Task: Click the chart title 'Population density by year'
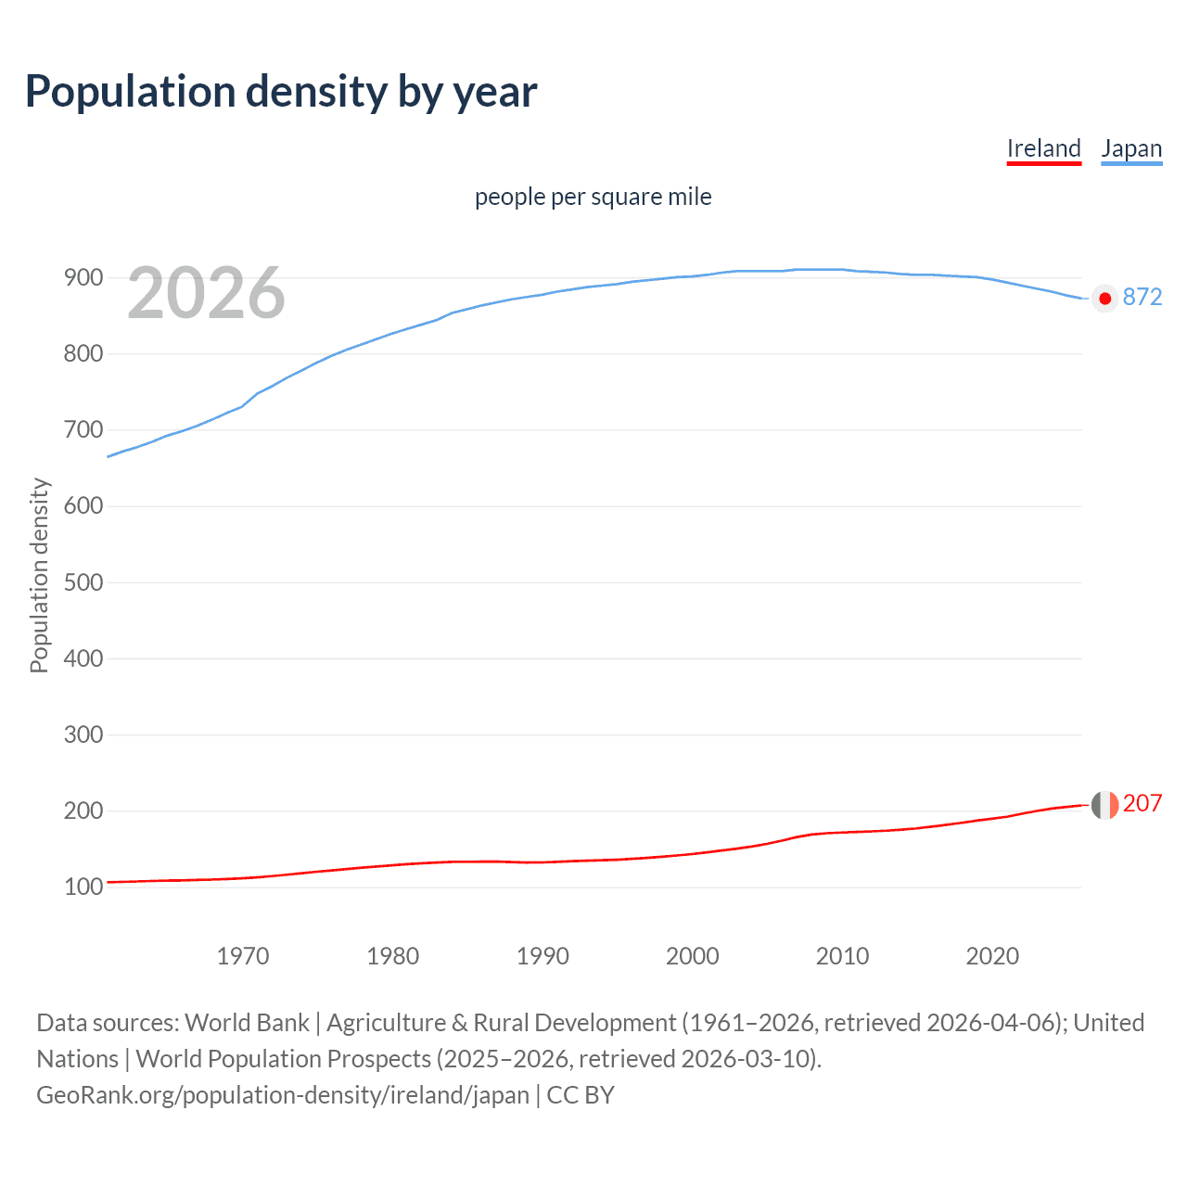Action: tap(281, 92)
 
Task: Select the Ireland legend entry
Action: tap(1043, 148)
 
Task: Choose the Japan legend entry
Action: tap(1130, 148)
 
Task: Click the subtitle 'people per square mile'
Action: tap(593, 197)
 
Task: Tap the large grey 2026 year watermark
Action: tap(206, 293)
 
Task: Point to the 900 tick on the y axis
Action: tap(83, 277)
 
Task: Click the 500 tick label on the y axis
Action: tap(83, 582)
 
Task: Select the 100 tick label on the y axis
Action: tap(83, 887)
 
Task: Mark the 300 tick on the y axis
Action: tap(83, 734)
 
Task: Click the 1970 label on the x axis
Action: tap(242, 956)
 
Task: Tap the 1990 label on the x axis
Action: tap(542, 956)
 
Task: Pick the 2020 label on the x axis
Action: tap(992, 956)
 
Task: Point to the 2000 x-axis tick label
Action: tap(692, 956)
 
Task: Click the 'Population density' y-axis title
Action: tap(39, 575)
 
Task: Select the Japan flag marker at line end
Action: tap(1104, 298)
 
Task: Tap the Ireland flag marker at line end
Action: tap(1104, 805)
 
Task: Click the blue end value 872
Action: tap(1142, 297)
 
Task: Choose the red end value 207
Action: tap(1142, 803)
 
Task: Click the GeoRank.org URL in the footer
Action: tap(283, 1095)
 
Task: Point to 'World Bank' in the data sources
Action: tap(247, 1023)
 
